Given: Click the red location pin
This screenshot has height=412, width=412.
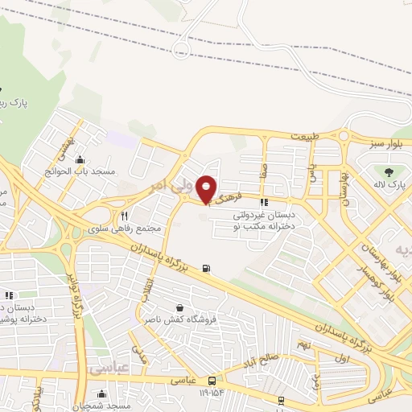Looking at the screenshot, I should point(207,188).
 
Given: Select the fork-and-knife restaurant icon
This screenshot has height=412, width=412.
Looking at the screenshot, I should point(125,216).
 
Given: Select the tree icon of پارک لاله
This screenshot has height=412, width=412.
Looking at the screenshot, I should point(390,172).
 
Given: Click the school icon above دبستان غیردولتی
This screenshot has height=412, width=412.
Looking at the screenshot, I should point(264,203).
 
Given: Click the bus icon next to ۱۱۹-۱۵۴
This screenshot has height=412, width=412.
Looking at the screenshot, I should point(212,380).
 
